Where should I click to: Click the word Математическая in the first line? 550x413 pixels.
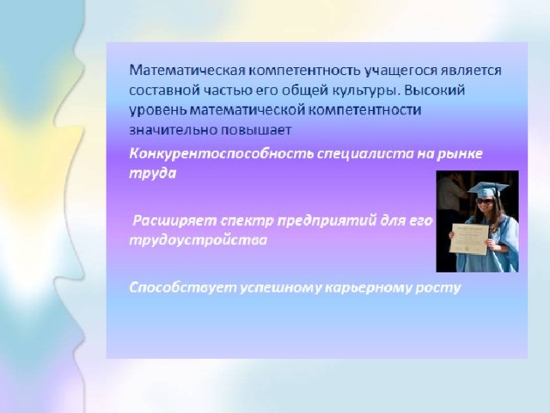pyautogui.click(x=187, y=71)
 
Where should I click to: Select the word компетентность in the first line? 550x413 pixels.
pyautogui.click(x=304, y=71)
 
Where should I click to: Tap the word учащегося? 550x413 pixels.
pyautogui.click(x=400, y=71)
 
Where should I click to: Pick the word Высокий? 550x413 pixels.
pyautogui.click(x=434, y=90)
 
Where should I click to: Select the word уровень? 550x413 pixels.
pyautogui.click(x=158, y=111)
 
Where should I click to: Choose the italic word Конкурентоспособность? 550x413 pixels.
pyautogui.click(x=222, y=155)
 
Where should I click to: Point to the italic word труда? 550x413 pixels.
pyautogui.click(x=153, y=174)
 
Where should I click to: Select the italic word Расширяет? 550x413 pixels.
pyautogui.click(x=175, y=221)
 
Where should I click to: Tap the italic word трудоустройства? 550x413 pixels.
pyautogui.click(x=199, y=241)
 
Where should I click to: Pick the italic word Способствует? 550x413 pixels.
pyautogui.click(x=183, y=288)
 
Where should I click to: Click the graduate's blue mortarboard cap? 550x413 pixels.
pyautogui.click(x=487, y=188)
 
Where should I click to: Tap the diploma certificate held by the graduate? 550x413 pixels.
pyautogui.click(x=469, y=239)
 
